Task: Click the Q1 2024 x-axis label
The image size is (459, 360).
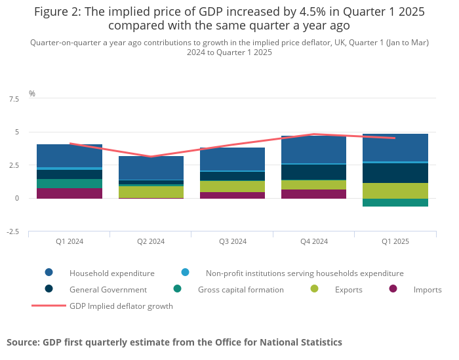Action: [70, 241]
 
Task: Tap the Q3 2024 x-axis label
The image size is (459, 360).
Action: [232, 241]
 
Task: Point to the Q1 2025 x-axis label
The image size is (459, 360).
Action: [395, 241]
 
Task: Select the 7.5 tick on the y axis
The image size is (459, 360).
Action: [14, 99]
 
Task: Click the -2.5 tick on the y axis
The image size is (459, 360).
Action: [12, 231]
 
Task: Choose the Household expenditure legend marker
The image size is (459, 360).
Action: [49, 273]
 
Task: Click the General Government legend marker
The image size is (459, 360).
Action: [49, 289]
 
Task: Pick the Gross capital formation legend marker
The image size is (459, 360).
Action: [178, 289]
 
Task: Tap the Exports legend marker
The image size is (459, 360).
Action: [315, 289]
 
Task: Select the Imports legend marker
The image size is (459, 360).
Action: [393, 289]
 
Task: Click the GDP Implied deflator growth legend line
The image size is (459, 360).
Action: [49, 306]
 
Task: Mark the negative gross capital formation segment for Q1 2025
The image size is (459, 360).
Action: [395, 203]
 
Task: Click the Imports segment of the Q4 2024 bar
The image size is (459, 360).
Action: [313, 194]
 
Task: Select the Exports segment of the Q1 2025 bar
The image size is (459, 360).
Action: [395, 191]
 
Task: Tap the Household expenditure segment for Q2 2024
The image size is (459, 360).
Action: [151, 168]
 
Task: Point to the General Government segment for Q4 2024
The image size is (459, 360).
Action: [313, 172]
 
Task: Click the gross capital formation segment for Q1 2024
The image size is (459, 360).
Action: [70, 184]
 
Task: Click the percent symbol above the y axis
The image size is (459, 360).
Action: [32, 94]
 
